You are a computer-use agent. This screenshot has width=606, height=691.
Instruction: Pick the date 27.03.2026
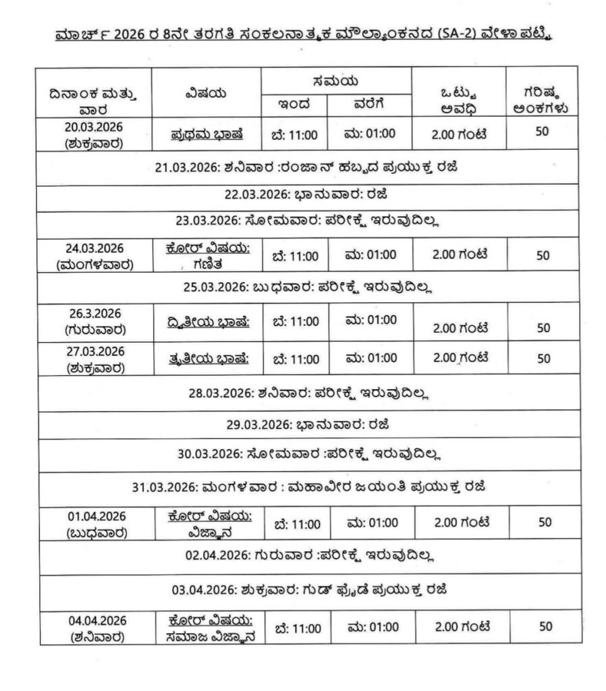click(95, 351)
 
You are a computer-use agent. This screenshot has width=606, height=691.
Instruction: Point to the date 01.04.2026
click(95, 516)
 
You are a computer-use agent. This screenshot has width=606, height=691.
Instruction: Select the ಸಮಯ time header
click(335, 80)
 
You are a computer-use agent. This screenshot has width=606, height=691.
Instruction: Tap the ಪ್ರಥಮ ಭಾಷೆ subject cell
click(206, 134)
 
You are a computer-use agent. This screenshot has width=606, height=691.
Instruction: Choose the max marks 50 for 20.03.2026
click(542, 132)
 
